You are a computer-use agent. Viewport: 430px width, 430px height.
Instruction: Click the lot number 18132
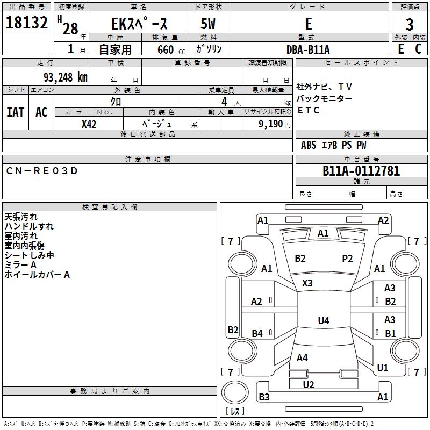click(x=26, y=23)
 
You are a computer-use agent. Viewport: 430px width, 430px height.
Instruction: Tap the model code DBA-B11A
click(x=308, y=49)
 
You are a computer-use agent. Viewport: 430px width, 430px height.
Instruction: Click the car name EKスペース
click(x=139, y=24)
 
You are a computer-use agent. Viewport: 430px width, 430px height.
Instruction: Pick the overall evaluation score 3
click(x=410, y=24)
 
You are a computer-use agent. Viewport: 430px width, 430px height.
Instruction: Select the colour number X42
click(x=89, y=124)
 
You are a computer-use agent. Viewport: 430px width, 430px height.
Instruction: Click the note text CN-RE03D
click(x=42, y=171)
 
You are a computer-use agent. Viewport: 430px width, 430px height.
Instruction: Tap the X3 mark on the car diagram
click(x=308, y=283)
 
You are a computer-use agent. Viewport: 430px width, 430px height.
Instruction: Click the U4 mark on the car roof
click(x=323, y=321)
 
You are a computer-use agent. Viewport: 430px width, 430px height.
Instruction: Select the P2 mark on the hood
click(x=347, y=259)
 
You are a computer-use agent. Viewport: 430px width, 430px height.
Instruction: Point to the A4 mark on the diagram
click(x=302, y=357)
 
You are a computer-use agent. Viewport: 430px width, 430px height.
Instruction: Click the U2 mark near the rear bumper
click(x=309, y=384)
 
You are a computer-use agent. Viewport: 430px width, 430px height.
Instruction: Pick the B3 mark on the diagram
click(x=264, y=397)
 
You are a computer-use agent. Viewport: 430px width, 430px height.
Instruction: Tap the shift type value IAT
click(x=15, y=112)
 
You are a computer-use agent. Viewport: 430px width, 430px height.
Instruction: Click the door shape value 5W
click(x=209, y=24)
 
